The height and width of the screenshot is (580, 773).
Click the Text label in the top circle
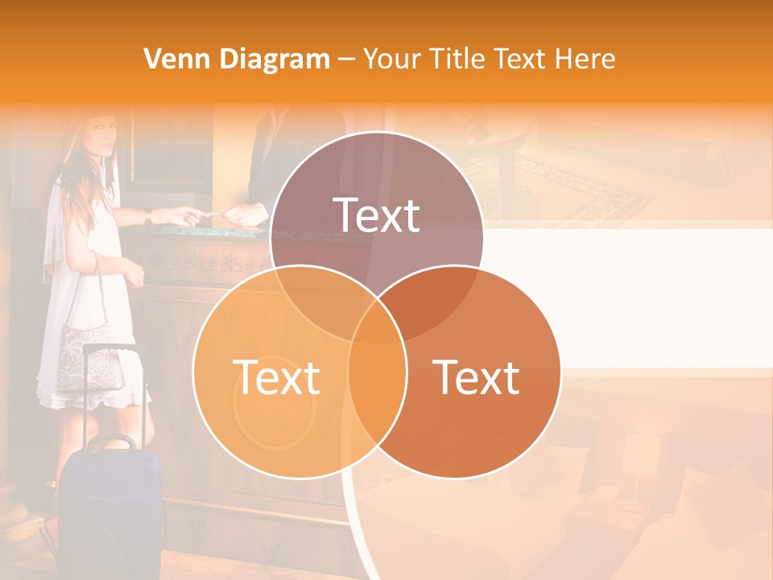click(x=377, y=215)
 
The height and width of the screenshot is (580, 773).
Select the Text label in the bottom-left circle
click(x=276, y=377)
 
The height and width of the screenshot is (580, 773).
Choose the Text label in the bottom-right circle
click(x=477, y=377)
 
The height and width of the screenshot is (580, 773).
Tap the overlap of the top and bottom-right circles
click(x=435, y=306)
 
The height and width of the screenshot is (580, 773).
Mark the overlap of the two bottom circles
click(x=378, y=379)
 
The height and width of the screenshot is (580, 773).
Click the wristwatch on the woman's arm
click(x=148, y=217)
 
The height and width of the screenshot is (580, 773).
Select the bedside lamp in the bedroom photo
click(x=636, y=467)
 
